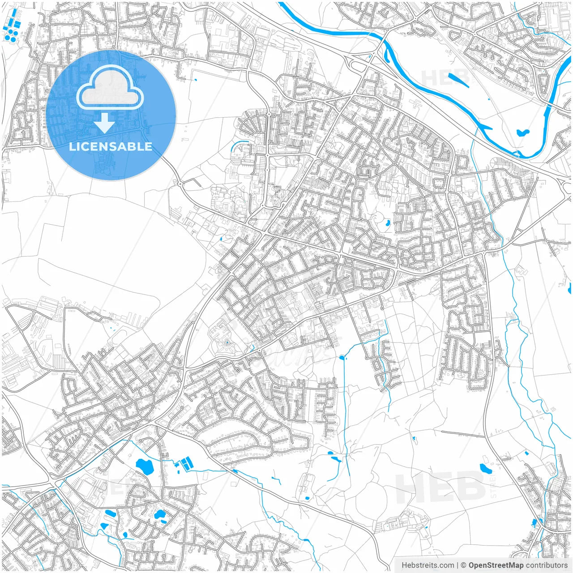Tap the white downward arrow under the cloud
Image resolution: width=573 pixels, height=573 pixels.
[105, 123]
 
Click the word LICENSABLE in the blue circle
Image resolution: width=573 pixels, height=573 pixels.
[111, 146]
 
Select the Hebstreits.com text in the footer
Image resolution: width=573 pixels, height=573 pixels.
[428, 565]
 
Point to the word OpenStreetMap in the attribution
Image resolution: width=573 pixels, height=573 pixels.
[496, 565]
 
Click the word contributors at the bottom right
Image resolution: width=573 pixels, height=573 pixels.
[547, 565]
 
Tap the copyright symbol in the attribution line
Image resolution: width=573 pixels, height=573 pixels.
[463, 565]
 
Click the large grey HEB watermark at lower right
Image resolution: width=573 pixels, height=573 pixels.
[441, 486]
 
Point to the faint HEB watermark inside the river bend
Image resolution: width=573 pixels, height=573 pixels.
[445, 77]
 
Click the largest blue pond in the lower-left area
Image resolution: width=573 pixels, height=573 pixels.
[145, 466]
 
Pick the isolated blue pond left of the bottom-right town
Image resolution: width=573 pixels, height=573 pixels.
[485, 469]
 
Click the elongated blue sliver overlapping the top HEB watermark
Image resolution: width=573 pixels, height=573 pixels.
[459, 81]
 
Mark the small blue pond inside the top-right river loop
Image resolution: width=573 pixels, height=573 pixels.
[522, 133]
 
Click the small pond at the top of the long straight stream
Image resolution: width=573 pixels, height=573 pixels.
[343, 357]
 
